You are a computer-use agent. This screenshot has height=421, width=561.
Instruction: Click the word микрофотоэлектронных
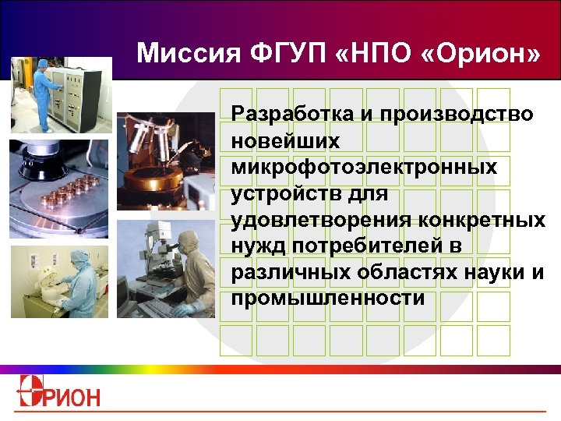point(364,167)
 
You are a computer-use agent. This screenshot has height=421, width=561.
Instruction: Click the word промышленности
point(328,299)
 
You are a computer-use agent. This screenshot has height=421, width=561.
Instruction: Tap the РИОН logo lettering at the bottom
point(75,396)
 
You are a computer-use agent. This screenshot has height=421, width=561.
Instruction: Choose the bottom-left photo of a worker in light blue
point(59,281)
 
